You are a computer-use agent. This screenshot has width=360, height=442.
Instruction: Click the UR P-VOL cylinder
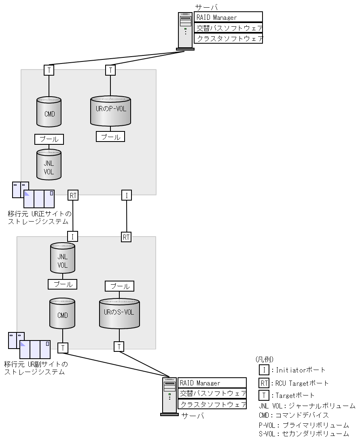[x=110, y=111]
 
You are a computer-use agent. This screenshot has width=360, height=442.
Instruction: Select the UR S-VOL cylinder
[x=119, y=313]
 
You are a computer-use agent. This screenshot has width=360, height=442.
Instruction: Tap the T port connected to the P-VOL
[x=110, y=70]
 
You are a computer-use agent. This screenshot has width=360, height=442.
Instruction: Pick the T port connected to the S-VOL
[x=119, y=347]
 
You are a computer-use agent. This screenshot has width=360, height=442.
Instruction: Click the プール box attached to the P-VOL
[x=110, y=137]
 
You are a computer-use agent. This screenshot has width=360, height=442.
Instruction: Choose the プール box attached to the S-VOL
[x=119, y=286]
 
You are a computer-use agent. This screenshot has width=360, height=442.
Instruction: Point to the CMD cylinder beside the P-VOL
[x=49, y=112]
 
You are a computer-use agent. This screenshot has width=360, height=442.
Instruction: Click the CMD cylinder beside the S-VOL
[x=62, y=313]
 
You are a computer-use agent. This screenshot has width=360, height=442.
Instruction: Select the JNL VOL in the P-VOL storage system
[x=49, y=165]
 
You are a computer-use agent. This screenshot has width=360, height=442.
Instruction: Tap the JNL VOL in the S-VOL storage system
[x=63, y=258]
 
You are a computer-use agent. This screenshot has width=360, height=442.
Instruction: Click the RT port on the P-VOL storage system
[x=73, y=195]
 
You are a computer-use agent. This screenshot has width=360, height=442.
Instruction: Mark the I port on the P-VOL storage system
[x=127, y=195]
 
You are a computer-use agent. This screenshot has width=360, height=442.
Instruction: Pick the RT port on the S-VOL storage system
[x=126, y=237]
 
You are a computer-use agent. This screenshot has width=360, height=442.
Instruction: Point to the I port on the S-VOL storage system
[x=72, y=237]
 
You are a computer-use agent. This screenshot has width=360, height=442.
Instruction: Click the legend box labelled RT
[x=264, y=383]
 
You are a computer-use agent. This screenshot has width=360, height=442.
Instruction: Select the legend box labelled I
[x=264, y=370]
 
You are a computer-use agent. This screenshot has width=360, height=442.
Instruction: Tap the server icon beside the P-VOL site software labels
[x=185, y=31]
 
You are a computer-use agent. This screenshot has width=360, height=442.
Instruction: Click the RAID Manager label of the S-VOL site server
[x=212, y=383]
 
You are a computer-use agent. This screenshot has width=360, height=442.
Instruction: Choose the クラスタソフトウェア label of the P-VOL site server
[x=228, y=38]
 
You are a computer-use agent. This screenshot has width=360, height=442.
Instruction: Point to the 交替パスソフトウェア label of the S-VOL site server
[x=212, y=393]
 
